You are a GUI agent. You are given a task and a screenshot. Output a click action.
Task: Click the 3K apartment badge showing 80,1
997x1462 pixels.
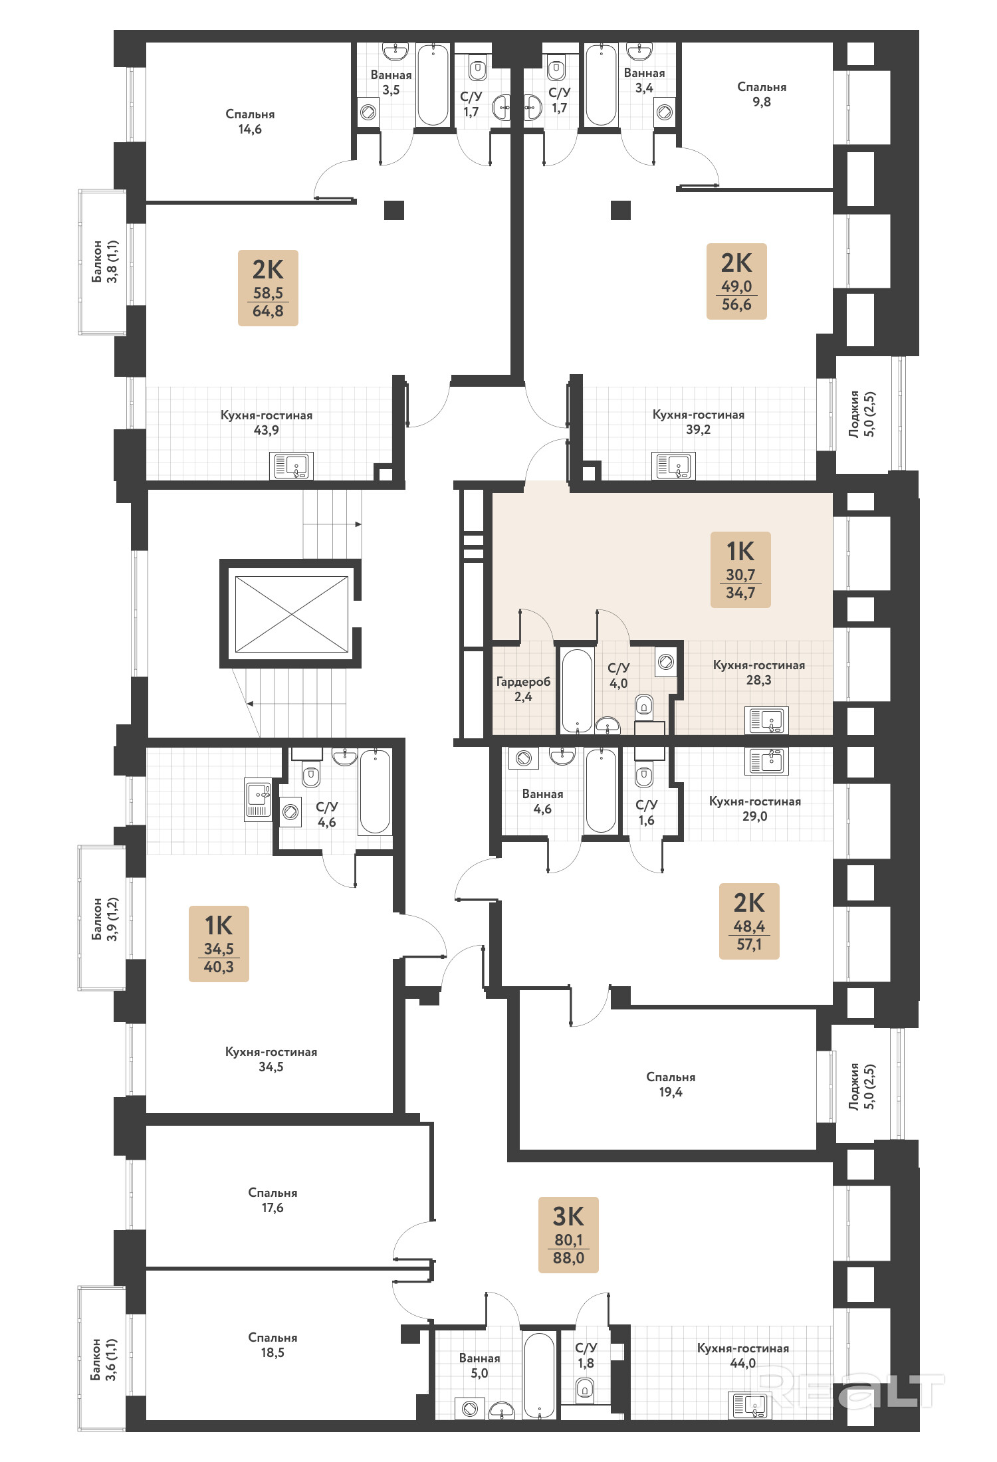coord(568,1235)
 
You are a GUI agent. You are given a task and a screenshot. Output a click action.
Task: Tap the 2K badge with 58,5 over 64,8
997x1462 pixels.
coord(268,288)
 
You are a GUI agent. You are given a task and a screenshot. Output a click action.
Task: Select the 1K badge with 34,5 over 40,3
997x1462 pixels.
coord(219,944)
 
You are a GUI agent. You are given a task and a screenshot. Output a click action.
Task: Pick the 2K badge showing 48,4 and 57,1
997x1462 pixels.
coord(749,921)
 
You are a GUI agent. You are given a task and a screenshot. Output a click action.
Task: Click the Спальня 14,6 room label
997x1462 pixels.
coord(250,122)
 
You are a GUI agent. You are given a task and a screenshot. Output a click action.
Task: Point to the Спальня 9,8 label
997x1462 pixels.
coord(762,94)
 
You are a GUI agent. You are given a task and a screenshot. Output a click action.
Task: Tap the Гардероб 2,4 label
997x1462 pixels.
coord(523,689)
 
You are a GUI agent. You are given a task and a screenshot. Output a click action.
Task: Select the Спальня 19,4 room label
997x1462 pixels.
coord(671,1085)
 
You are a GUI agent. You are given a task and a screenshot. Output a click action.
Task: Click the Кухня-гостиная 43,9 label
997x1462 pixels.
coord(267,423)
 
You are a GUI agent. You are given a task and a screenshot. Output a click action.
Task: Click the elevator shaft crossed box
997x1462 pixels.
coord(292,614)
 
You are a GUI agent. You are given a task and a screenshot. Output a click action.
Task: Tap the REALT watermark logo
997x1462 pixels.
coord(849,1390)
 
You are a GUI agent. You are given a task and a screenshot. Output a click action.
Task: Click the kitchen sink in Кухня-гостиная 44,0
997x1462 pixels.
coord(750,1406)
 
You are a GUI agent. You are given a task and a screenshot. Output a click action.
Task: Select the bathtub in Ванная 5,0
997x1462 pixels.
coord(538,1376)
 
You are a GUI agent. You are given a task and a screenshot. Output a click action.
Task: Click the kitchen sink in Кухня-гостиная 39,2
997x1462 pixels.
coord(673,466)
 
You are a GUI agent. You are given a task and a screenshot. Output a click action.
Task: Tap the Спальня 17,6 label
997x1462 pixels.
coord(273,1200)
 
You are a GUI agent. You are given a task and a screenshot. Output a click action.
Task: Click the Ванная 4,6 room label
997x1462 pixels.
coord(542,801)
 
